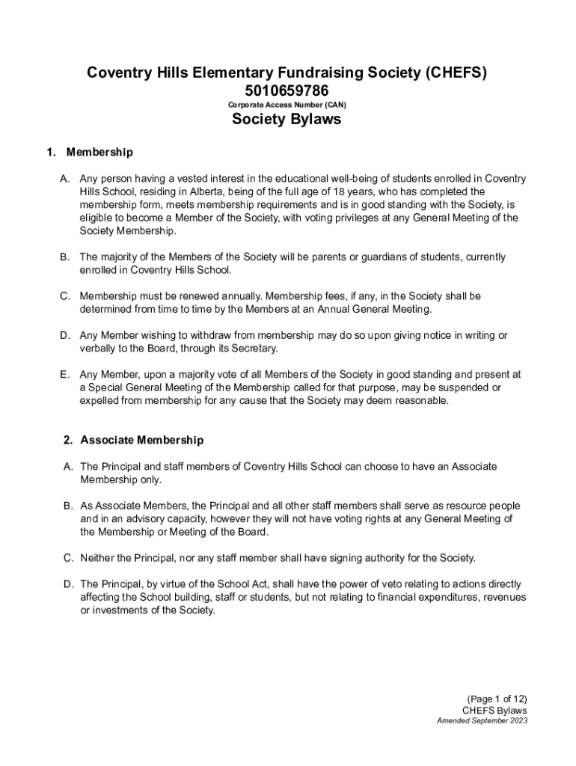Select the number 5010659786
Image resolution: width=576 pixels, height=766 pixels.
tap(287, 91)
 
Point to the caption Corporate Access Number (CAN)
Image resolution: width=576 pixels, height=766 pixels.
tap(287, 105)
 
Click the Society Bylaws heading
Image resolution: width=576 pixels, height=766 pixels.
tap(287, 120)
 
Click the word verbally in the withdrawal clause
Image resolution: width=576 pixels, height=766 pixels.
tap(99, 349)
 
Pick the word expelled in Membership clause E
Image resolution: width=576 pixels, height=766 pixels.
tap(101, 401)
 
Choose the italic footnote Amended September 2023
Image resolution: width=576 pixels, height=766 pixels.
tap(482, 721)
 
